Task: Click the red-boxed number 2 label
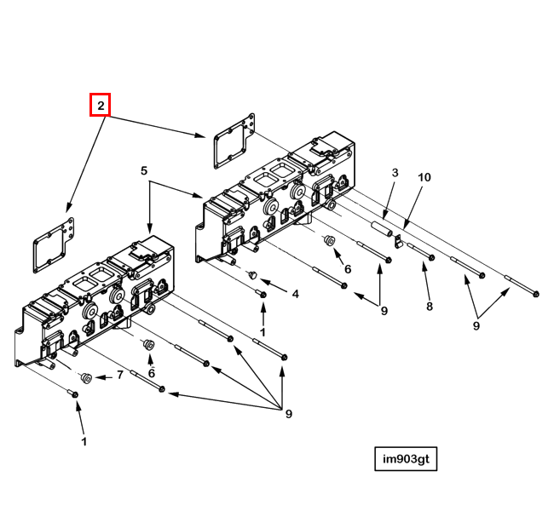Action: [x=101, y=106]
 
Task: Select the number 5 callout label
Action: [x=144, y=171]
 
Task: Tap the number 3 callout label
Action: [x=395, y=174]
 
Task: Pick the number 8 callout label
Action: [x=430, y=306]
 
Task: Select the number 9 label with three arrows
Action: [x=288, y=414]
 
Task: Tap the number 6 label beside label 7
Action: [x=151, y=372]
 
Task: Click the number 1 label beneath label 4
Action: [x=263, y=331]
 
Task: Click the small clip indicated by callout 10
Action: [x=397, y=242]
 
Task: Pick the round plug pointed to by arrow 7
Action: [x=86, y=377]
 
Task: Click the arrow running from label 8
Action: [x=427, y=280]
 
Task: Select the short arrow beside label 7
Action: [x=102, y=376]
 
